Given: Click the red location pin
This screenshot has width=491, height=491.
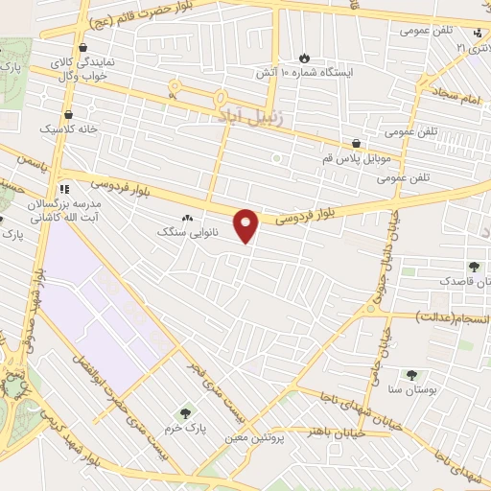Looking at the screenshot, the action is pyautogui.click(x=247, y=224).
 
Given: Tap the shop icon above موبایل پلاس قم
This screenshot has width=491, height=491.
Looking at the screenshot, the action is pyautogui.click(x=357, y=142).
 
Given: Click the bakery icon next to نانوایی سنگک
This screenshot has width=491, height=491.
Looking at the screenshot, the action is pyautogui.click(x=187, y=219).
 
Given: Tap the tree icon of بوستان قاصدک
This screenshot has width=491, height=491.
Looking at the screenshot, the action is pyautogui.click(x=472, y=267).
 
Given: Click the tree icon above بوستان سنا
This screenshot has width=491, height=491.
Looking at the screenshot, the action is pyautogui.click(x=411, y=376).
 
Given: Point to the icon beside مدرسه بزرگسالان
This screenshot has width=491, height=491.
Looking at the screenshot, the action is pyautogui.click(x=65, y=188).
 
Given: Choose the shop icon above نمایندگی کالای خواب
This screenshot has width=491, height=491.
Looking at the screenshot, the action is pyautogui.click(x=84, y=46).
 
